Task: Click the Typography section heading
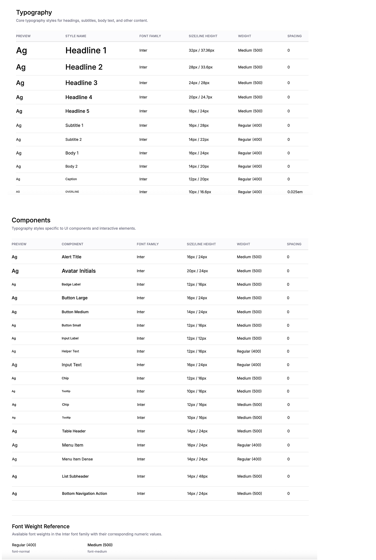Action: pos(34,13)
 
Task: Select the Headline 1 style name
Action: pos(86,51)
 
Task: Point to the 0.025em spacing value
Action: pos(295,192)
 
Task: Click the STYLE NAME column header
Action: pos(76,36)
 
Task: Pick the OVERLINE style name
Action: pos(72,192)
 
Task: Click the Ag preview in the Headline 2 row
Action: pos(21,67)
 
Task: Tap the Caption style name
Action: pos(71,179)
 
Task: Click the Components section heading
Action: pos(31,220)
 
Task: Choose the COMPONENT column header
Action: pos(72,244)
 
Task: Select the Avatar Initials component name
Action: pos(79,271)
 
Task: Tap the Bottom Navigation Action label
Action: pos(84,494)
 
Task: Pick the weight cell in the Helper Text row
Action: pos(249,351)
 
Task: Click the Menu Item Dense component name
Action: pos(77,459)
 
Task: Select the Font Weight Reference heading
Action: pos(41,526)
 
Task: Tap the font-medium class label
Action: pos(97,551)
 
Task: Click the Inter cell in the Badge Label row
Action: pos(140,284)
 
